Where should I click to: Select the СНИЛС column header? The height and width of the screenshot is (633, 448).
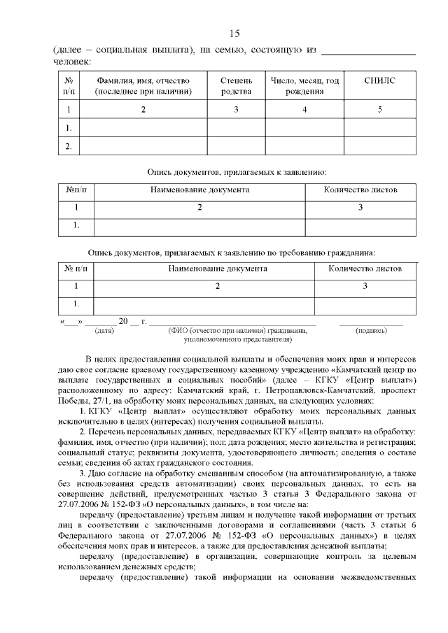click(x=379, y=82)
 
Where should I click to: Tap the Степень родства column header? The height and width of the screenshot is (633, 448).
click(x=236, y=87)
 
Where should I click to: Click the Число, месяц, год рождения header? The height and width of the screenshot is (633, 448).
click(x=304, y=87)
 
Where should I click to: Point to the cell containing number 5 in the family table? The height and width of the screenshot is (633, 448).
click(x=379, y=110)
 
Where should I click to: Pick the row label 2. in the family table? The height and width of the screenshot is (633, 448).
click(x=69, y=147)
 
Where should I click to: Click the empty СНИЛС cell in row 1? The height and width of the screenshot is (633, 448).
click(x=379, y=128)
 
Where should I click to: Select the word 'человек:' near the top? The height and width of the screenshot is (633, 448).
click(x=73, y=62)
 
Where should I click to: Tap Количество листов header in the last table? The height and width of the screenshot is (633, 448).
click(x=365, y=268)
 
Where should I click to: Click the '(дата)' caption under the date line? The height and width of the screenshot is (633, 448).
click(x=104, y=330)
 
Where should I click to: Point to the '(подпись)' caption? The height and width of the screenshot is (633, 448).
click(x=371, y=330)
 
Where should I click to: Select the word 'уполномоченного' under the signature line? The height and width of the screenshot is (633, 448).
click(x=213, y=339)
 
